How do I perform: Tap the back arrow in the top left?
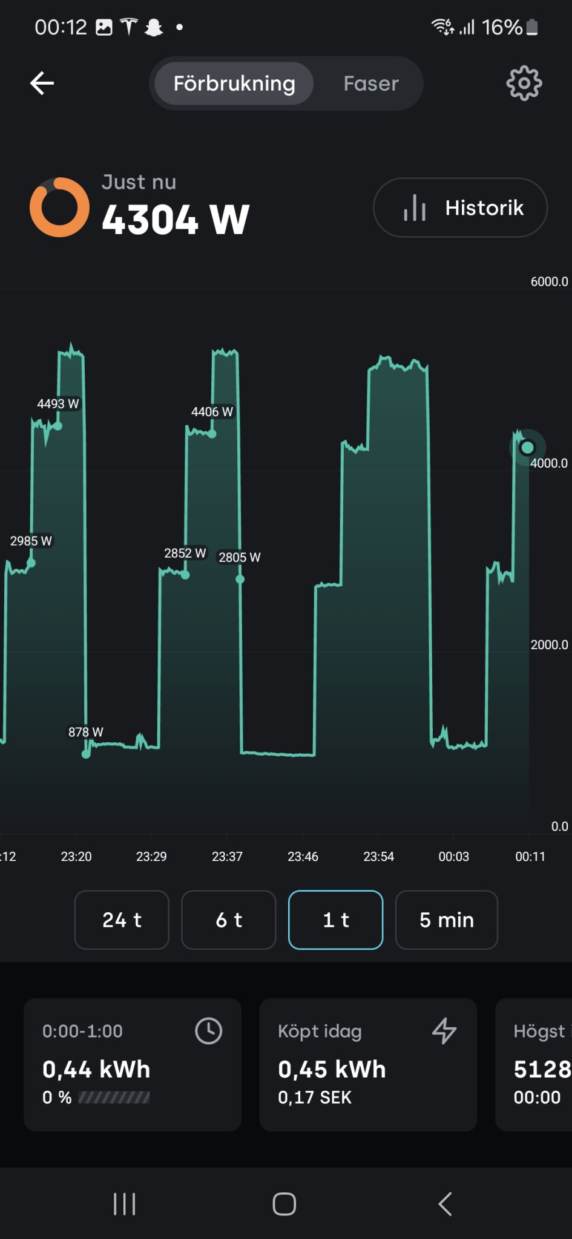tap(42, 83)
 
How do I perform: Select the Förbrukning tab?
tap(234, 83)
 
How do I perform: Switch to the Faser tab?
tap(371, 83)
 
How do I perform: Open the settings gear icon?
tap(524, 83)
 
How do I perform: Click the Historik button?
tap(461, 208)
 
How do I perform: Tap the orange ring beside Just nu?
tap(59, 207)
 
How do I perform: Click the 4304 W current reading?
tap(176, 219)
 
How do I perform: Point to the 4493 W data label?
tap(58, 404)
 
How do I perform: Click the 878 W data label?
tap(85, 732)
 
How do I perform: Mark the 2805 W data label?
tap(239, 557)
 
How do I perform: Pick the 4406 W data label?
tap(212, 412)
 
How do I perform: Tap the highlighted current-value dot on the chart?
tap(527, 448)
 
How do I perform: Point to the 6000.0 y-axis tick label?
tap(549, 281)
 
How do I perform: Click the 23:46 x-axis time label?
tap(303, 857)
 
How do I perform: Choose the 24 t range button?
tap(122, 920)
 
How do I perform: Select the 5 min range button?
tap(446, 920)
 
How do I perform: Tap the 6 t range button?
tap(229, 920)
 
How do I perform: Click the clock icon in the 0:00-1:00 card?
tap(208, 1031)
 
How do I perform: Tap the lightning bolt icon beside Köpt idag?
tap(444, 1031)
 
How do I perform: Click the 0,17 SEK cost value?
tap(315, 1097)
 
